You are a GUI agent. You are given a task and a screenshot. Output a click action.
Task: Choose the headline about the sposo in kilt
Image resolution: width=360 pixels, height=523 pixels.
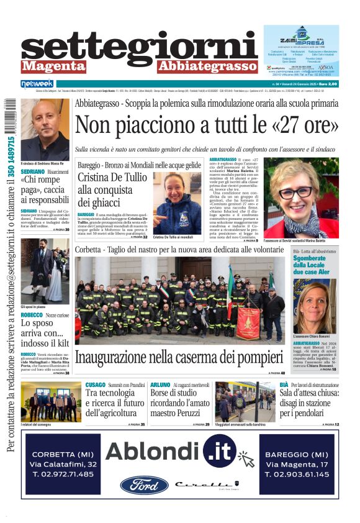tap(45, 332)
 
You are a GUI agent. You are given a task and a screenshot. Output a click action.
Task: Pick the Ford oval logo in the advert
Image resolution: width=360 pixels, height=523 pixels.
tap(144, 484)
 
